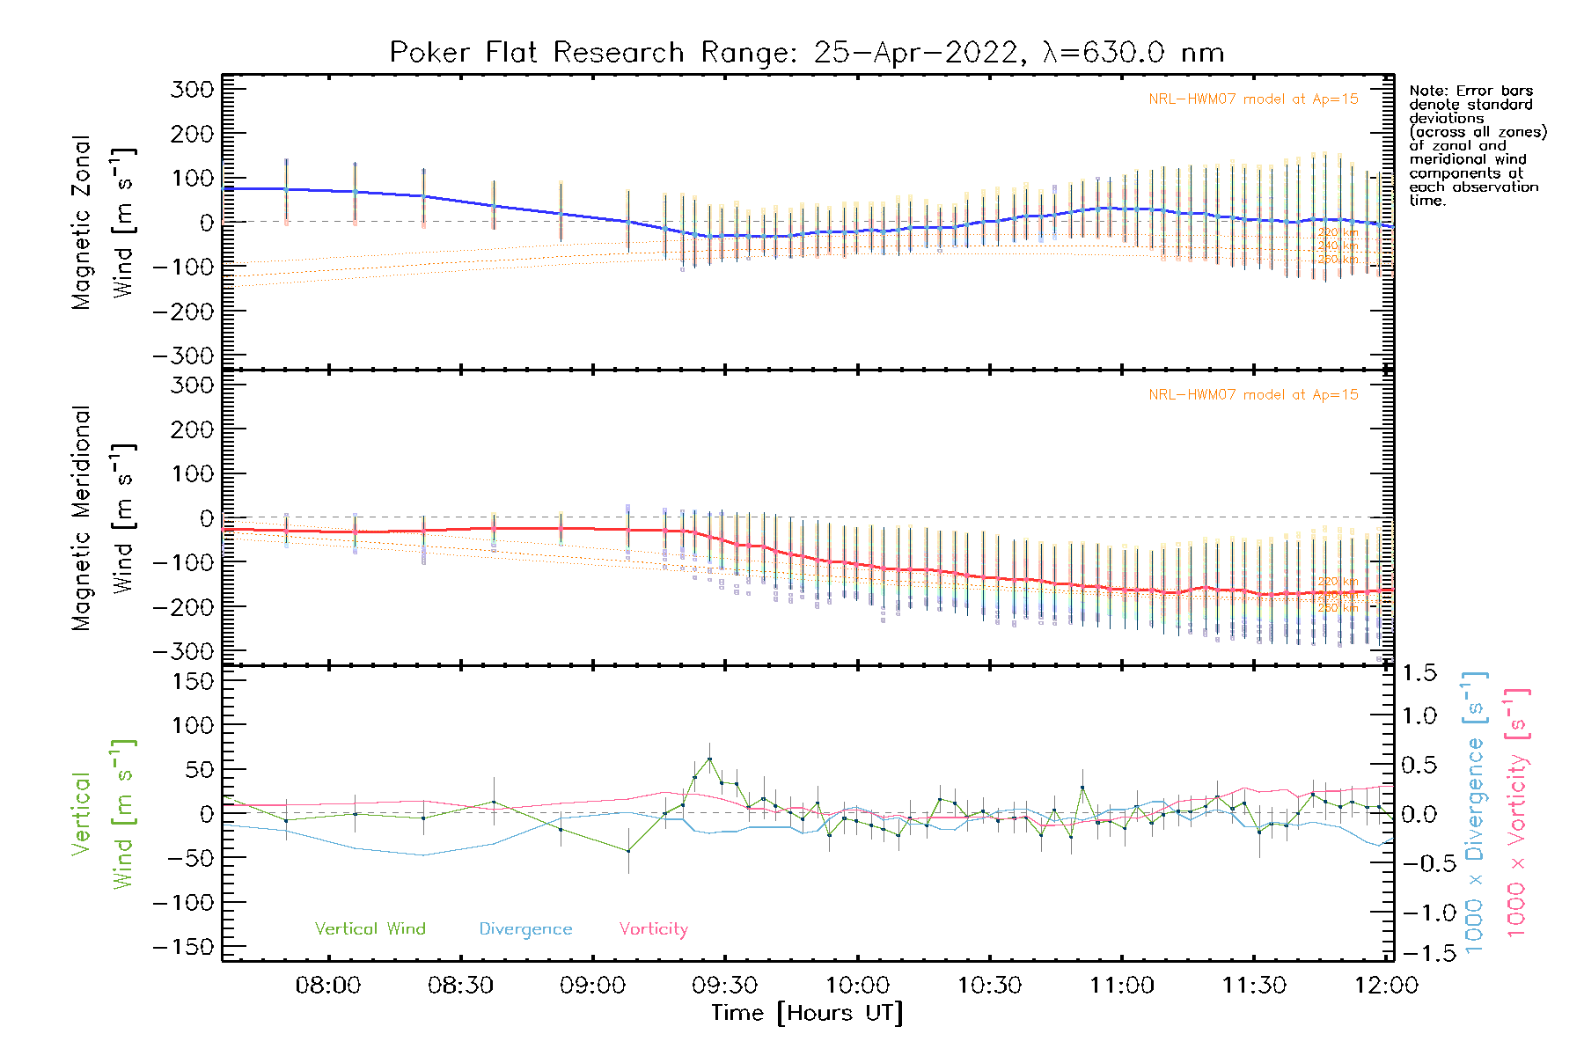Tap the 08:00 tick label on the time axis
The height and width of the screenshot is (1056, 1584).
[327, 985]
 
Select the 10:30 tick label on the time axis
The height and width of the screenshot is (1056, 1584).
[989, 985]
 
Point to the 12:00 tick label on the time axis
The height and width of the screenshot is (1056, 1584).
[1386, 985]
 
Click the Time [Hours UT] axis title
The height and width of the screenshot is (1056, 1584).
[806, 1013]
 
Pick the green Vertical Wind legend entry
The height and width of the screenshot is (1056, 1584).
[370, 928]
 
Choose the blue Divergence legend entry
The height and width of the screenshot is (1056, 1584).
[525, 928]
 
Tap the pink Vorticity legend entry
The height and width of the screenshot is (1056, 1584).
[653, 928]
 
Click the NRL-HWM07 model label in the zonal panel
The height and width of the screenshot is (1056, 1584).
[1253, 99]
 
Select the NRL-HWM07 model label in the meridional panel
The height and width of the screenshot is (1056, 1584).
[1253, 395]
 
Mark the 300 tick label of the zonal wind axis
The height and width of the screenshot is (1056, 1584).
[192, 89]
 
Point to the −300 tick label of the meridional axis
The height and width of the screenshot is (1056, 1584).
[183, 651]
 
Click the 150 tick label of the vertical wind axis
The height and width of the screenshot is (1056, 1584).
[192, 681]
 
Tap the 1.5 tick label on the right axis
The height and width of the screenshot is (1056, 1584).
[1419, 673]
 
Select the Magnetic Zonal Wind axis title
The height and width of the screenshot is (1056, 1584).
[104, 222]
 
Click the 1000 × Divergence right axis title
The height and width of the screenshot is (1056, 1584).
[1474, 813]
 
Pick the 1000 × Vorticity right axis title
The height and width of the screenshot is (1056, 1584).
[1516, 813]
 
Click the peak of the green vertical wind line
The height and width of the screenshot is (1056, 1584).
[709, 759]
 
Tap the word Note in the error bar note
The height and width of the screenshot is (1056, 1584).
[1426, 91]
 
